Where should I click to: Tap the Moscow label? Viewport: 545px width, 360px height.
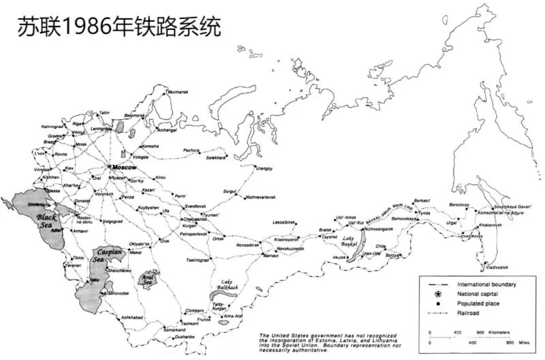pos(124,167)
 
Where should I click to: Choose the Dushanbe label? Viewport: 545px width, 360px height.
pos(183,337)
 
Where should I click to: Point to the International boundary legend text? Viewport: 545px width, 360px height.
pos(486,284)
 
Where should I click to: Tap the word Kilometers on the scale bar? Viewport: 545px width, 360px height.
pos(503,332)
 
